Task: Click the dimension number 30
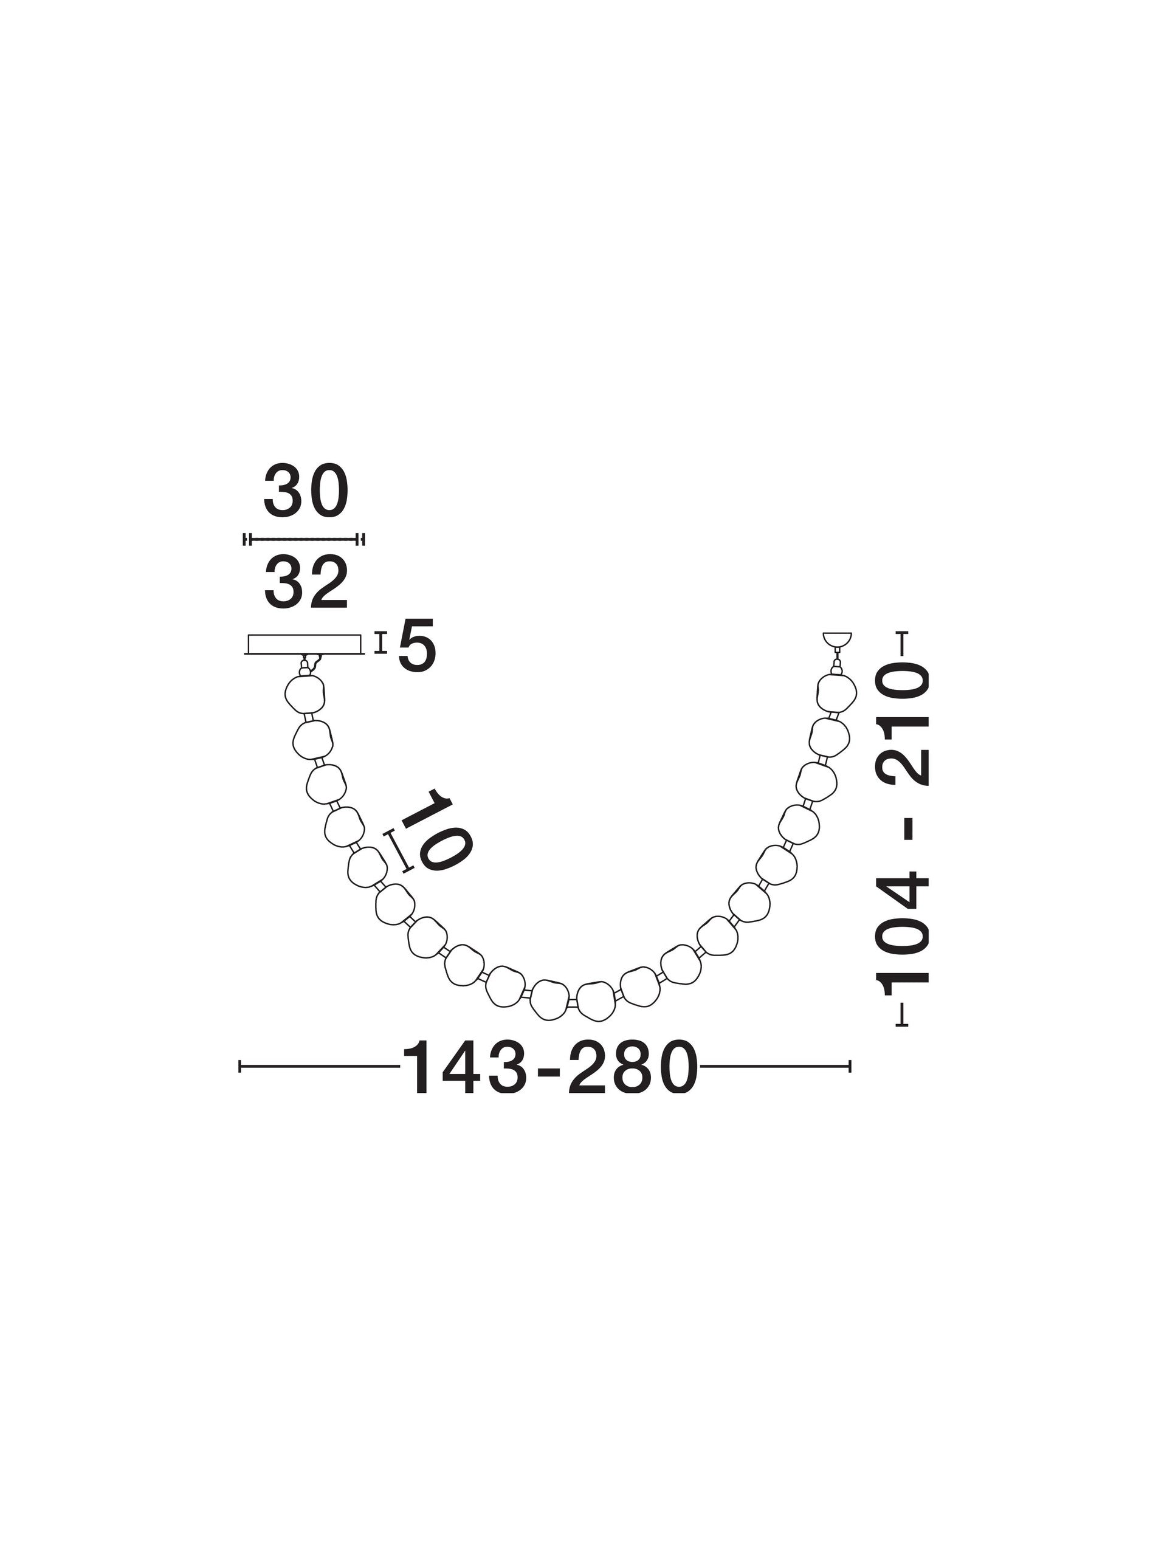point(305,491)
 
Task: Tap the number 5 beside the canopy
point(416,645)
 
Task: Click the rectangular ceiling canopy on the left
point(305,644)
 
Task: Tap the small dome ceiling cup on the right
point(836,640)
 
